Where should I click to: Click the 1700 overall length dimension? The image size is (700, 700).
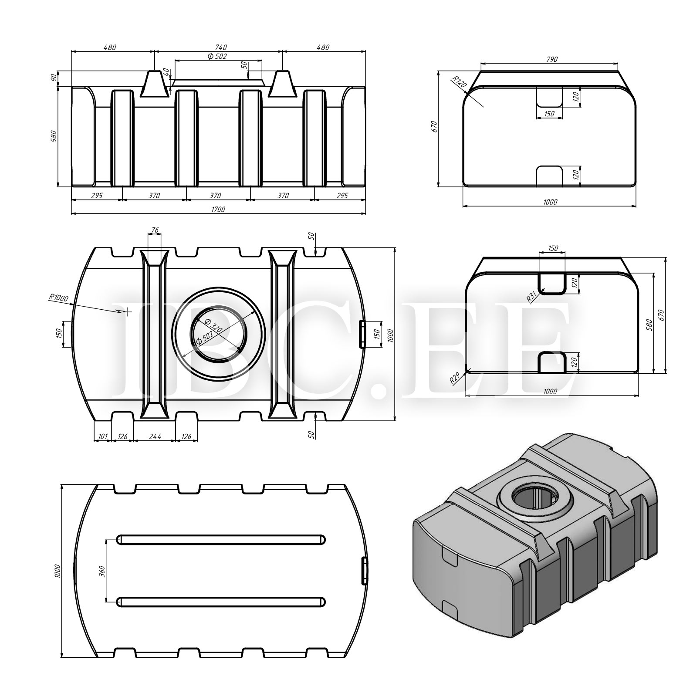pyautogui.click(x=218, y=210)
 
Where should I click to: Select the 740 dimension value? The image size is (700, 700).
pyautogui.click(x=221, y=47)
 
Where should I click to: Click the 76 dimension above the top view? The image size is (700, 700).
pyautogui.click(x=154, y=230)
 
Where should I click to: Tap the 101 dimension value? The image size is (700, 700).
pyautogui.click(x=103, y=436)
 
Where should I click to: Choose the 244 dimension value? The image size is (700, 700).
pyautogui.click(x=154, y=436)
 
